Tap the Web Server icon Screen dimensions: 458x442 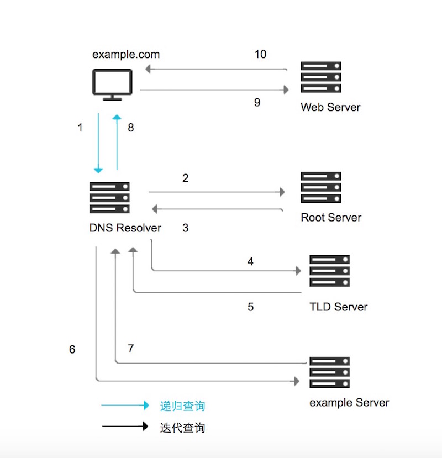pos(320,77)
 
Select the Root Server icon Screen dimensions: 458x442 pos(320,187)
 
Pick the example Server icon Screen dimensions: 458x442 pos(329,372)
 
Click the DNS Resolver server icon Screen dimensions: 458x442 pos(109,198)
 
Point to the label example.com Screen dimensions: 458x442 pos(126,54)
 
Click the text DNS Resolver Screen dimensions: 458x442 pos(125,228)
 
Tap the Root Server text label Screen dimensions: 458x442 pos(330,217)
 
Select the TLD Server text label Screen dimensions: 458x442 pos(338,307)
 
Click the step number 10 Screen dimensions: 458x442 pos(260,54)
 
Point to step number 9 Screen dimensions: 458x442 pos(257,102)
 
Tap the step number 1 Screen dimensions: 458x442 pos(80,128)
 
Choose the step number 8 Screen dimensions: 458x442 pos(131,128)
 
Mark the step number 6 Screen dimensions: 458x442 pos(72,350)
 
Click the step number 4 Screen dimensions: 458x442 pos(250,261)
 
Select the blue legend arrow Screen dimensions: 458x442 pos(125,406)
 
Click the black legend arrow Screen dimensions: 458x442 pos(125,427)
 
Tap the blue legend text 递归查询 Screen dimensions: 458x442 pos(182,406)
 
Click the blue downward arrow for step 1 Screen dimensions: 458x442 pos(98,144)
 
